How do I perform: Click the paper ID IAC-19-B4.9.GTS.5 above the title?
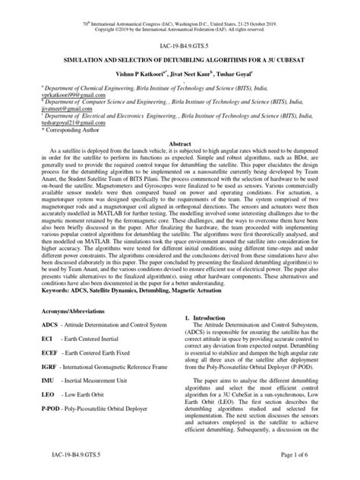(x=180, y=46)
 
